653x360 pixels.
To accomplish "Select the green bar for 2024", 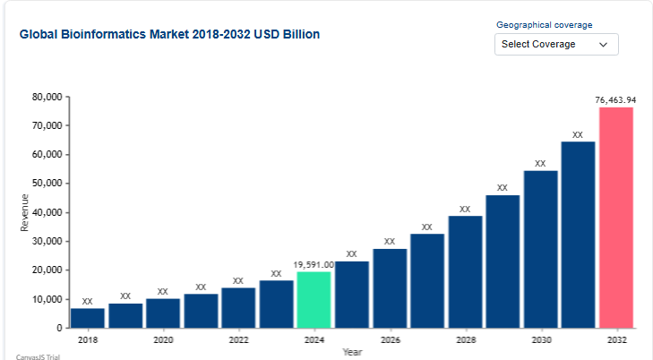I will click(314, 299).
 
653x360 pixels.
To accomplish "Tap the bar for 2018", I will click(88, 318).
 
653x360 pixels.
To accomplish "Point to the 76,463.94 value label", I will click(615, 99).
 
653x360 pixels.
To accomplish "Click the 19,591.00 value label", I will click(314, 265).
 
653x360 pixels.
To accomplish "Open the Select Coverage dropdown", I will click(555, 44).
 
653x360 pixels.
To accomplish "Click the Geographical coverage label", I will click(544, 25).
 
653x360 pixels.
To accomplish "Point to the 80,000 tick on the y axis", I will click(46, 97).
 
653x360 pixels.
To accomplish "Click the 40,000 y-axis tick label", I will click(46, 212).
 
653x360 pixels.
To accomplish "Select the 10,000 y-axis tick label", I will click(46, 299).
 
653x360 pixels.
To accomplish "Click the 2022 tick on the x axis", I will click(238, 340).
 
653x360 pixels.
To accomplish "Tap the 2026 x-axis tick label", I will click(390, 340).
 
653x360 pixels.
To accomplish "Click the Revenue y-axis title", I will click(24, 212).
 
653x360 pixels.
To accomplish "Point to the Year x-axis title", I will click(352, 352).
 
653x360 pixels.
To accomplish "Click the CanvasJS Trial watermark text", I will click(37, 356).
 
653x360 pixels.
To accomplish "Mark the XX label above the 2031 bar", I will click(578, 135).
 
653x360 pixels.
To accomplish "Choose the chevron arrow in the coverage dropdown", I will click(603, 44).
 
